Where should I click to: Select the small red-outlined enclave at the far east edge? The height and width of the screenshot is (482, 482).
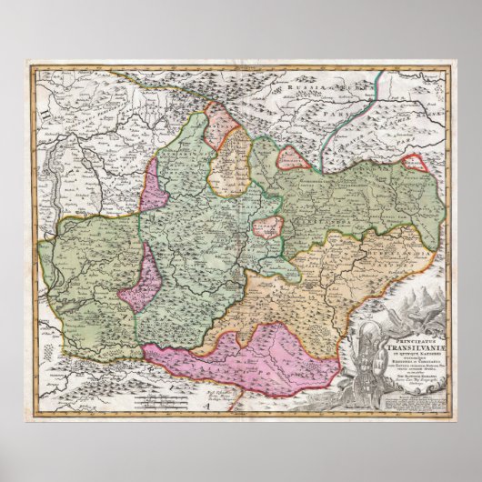pos(414,163)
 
